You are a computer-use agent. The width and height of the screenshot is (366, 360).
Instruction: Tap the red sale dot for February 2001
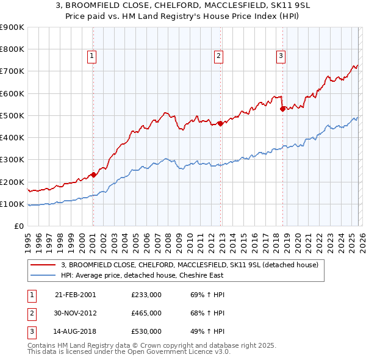coord(93,175)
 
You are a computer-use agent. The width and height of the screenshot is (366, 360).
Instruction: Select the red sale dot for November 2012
coord(220,123)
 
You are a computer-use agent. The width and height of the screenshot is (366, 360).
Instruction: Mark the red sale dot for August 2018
coord(282,109)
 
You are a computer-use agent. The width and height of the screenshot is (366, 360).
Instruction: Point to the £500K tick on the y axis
coord(12,115)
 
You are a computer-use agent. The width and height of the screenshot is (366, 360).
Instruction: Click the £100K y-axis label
coord(12,204)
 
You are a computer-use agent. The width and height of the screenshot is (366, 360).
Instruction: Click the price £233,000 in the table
coord(146,295)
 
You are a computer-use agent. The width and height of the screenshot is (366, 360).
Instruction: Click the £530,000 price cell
coord(146,331)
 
